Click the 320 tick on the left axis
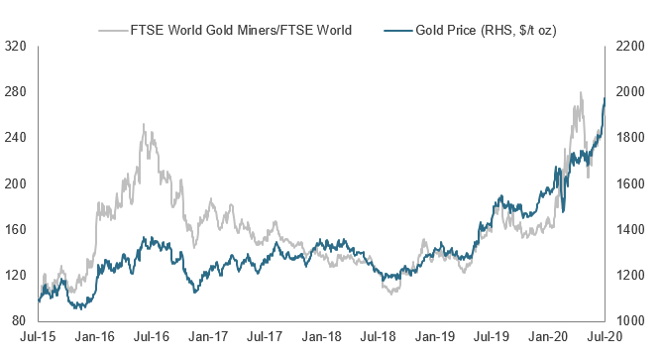pyautogui.click(x=15, y=46)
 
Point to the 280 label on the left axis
pyautogui.click(x=15, y=91)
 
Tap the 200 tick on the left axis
pyautogui.click(x=15, y=183)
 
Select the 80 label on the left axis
pyautogui.click(x=19, y=320)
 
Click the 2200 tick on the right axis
pyautogui.click(x=630, y=46)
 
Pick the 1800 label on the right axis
pyautogui.click(x=630, y=138)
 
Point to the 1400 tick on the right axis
pyautogui.click(x=630, y=229)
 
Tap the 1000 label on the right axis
pyautogui.click(x=630, y=320)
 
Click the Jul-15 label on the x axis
pyautogui.click(x=38, y=337)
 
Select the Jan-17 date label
pyautogui.click(x=208, y=337)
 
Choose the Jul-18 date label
pyautogui.click(x=379, y=337)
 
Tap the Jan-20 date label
pyautogui.click(x=548, y=337)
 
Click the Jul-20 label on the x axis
pyautogui.click(x=605, y=337)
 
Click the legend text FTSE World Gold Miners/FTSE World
pyautogui.click(x=241, y=31)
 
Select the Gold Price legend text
pyautogui.click(x=486, y=31)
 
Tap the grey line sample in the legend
pyautogui.click(x=113, y=31)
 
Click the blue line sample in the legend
pyautogui.click(x=398, y=31)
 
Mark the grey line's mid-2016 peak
pyautogui.click(x=144, y=124)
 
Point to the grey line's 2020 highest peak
pyautogui.click(x=581, y=92)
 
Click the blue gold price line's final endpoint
pyautogui.click(x=605, y=98)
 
